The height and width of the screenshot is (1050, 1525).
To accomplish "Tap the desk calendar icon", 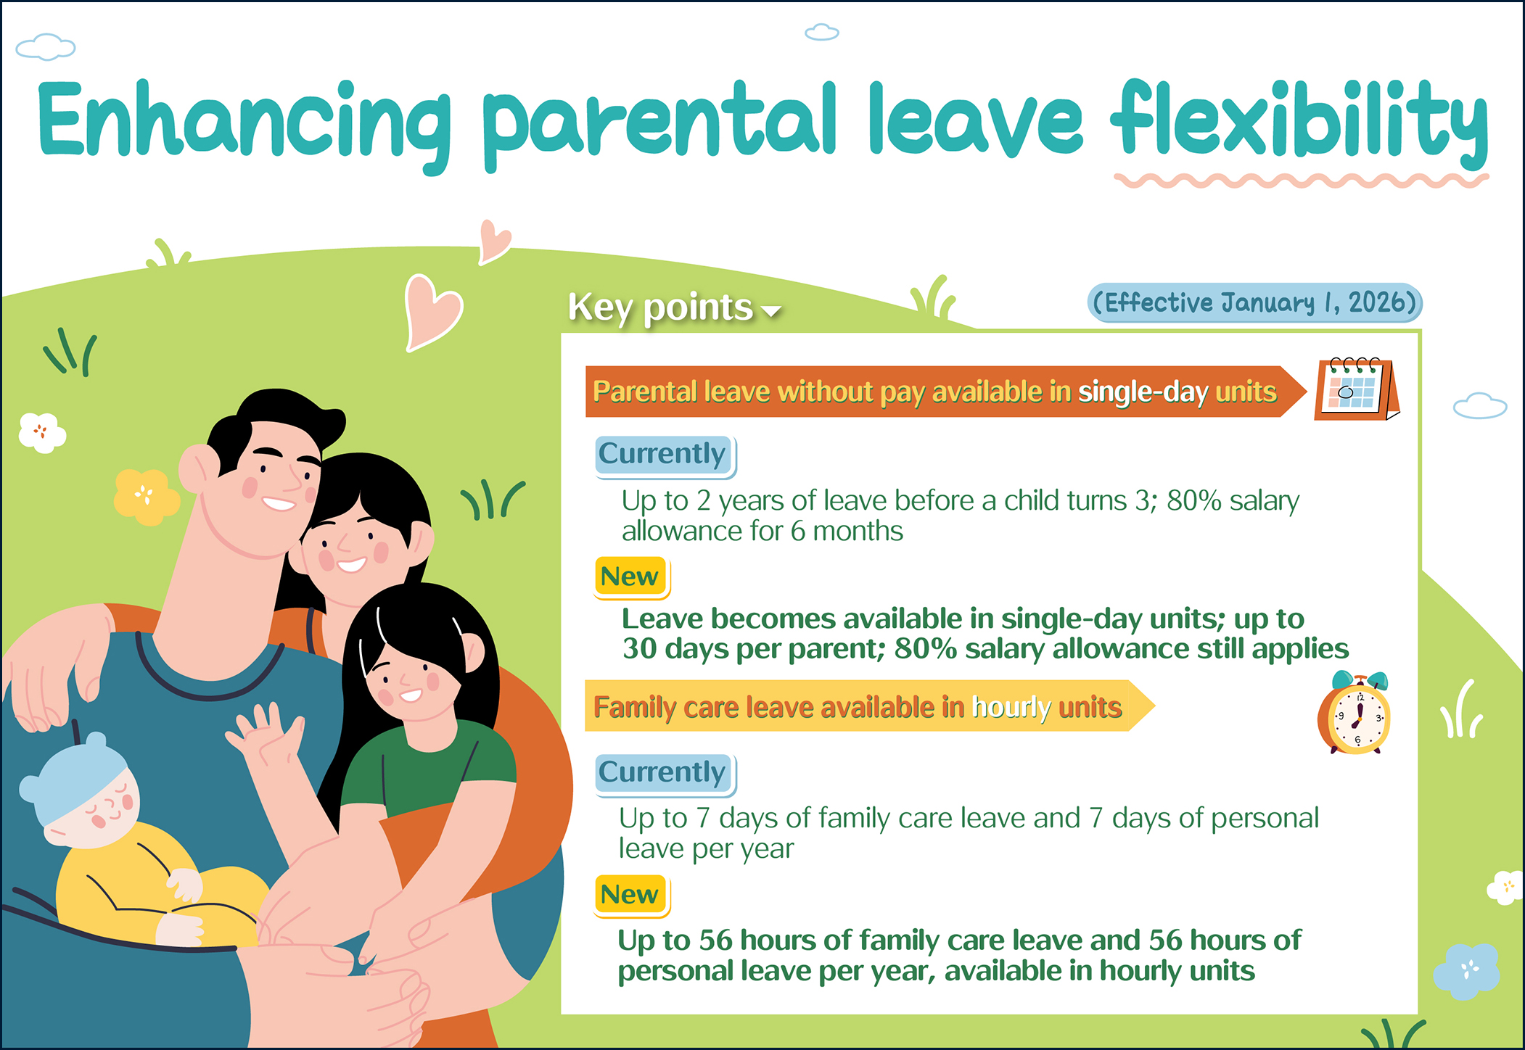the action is click(x=1357, y=389).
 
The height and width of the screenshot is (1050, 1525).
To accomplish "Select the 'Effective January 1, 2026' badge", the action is click(x=1254, y=302).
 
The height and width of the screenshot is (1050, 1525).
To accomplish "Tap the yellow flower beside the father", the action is click(x=146, y=497).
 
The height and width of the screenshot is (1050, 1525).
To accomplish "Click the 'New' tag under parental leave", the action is click(x=630, y=576).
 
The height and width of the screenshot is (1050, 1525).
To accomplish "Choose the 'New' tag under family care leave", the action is click(x=630, y=895).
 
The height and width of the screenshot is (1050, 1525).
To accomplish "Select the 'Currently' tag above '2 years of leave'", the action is click(x=663, y=455).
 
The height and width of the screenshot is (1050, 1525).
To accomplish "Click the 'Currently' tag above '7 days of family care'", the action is click(x=663, y=773).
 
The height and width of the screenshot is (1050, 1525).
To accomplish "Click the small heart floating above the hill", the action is click(x=495, y=241).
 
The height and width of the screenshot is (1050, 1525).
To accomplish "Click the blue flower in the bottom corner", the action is click(x=1466, y=970).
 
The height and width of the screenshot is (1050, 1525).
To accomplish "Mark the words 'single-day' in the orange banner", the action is click(x=1143, y=392).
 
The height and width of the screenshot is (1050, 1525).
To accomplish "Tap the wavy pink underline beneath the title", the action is click(x=1302, y=181).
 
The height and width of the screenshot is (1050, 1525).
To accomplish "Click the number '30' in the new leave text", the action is click(x=639, y=649).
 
